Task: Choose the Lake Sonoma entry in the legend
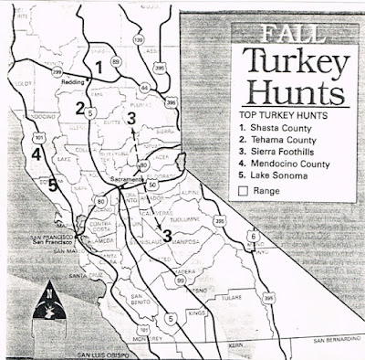pos(270,177)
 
